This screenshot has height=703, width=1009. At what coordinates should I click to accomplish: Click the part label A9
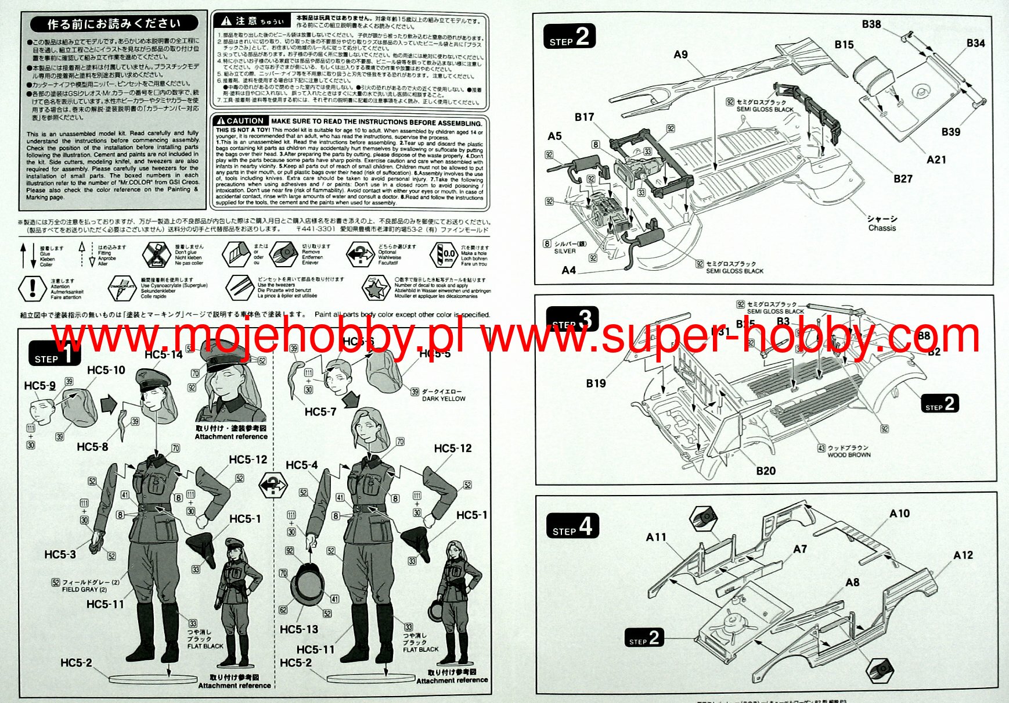tap(680, 55)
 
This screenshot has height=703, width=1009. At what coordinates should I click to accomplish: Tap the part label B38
tap(871, 24)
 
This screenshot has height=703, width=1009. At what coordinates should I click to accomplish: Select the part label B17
tap(584, 117)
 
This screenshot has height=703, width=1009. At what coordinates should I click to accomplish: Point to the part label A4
tap(568, 270)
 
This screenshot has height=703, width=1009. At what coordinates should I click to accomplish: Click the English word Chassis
tap(882, 228)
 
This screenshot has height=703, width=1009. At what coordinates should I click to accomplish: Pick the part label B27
tap(903, 179)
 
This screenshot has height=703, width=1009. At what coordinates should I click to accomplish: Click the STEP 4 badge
tap(572, 526)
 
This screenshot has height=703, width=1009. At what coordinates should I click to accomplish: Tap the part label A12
tap(963, 555)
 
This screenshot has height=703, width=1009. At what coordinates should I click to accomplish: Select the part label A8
tap(852, 583)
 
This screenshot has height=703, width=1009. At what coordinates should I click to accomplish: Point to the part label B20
tap(765, 471)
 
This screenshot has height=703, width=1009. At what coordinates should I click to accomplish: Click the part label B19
tap(596, 383)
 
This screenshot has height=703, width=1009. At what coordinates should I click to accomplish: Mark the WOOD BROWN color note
tap(849, 455)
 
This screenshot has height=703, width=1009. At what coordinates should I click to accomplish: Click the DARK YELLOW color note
tap(444, 399)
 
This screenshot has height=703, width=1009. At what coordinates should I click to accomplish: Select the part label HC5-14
tap(163, 355)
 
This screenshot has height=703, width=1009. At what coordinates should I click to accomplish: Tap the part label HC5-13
tap(299, 629)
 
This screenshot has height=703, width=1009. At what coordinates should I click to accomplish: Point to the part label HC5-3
tap(60, 555)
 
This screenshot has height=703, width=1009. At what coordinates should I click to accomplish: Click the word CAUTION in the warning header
tap(244, 121)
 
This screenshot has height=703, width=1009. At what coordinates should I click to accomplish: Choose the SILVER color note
tap(565, 252)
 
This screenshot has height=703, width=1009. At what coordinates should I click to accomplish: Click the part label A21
tap(936, 160)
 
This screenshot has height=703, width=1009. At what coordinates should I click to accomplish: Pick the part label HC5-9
tap(39, 386)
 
